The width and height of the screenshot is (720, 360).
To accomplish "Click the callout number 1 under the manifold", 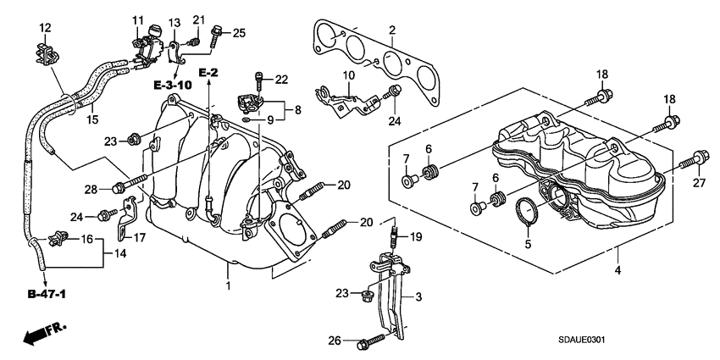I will click(x=227, y=287).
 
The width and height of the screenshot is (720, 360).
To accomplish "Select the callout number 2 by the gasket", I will click(x=392, y=31).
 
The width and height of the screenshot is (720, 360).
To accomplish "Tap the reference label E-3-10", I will click(x=174, y=86).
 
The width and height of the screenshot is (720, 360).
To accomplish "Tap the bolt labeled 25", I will click(x=214, y=35).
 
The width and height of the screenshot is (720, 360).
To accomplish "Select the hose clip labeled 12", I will click(x=45, y=52).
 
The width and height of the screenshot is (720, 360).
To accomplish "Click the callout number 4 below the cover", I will click(x=618, y=270).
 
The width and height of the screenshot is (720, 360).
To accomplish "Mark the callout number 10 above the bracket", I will click(x=348, y=75).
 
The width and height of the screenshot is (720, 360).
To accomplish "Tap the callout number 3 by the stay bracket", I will click(x=418, y=298).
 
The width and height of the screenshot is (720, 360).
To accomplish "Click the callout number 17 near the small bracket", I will click(x=141, y=238).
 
